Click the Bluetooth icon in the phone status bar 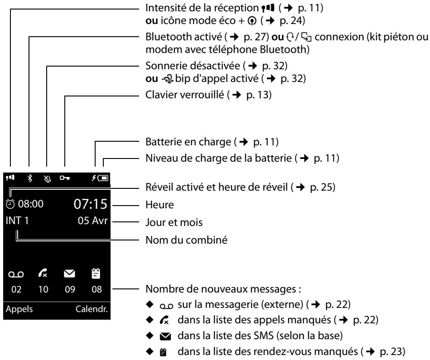coord(29,178)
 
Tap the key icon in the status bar coord(65,178)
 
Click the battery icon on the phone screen coord(103,178)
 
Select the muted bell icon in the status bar coord(48,178)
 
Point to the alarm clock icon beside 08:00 coord(10,204)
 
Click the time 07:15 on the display coord(90,204)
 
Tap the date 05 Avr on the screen coord(92,221)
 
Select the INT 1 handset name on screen coord(17,221)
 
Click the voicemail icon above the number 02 coord(16,274)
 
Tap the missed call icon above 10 coord(43,273)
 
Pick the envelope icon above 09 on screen coord(69,274)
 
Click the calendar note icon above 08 coord(96,273)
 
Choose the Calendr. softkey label coord(92,309)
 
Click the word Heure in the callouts coord(159,205)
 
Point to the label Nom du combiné coord(187,240)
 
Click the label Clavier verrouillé coord(185,95)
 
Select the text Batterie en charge coord(188,142)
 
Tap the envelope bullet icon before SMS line coord(165,336)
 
